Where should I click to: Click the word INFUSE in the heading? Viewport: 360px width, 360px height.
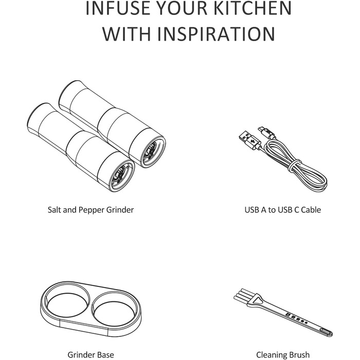pyautogui.click(x=117, y=8)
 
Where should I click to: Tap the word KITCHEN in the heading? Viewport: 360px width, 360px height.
pyautogui.click(x=253, y=8)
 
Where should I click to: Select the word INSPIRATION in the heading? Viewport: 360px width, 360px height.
pyautogui.click(x=216, y=34)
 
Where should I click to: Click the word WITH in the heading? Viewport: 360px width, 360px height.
pyautogui.click(x=128, y=34)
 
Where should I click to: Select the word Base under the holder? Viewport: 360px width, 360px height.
pyautogui.click(x=106, y=355)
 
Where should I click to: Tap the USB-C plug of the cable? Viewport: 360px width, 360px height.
pyautogui.click(x=266, y=133)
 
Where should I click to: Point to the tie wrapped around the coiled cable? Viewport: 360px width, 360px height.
pyautogui.click(x=294, y=165)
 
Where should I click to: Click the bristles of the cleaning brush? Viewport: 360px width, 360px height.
pyautogui.click(x=244, y=296)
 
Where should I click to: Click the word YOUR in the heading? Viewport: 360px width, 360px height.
pyautogui.click(x=181, y=8)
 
